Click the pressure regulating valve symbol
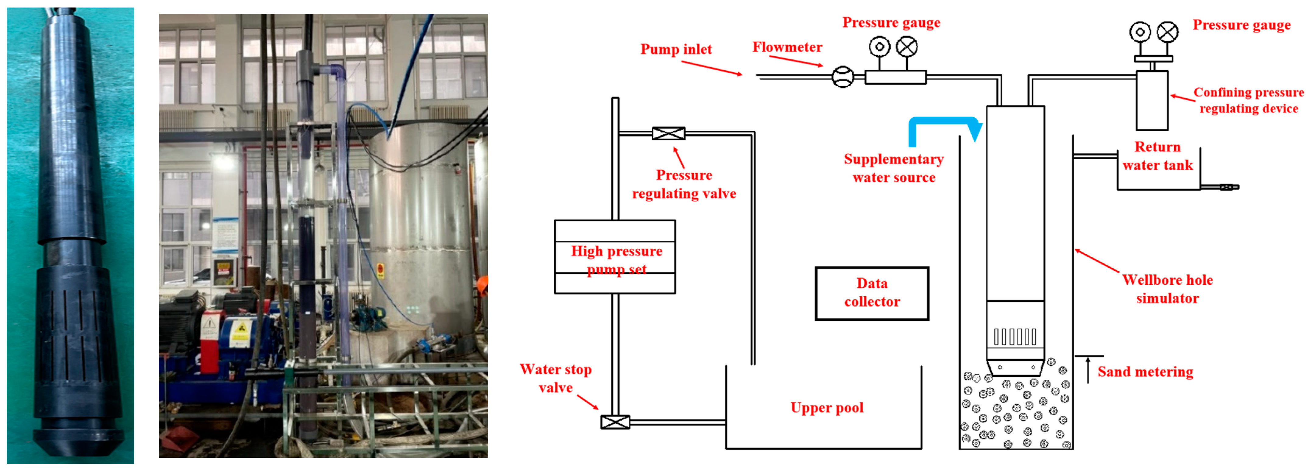click(668, 134)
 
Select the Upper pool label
click(827, 408)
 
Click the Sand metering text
click(1145, 372)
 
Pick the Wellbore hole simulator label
click(1167, 289)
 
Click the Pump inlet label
click(676, 49)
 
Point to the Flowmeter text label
click(787, 47)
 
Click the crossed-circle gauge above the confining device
click(1167, 32)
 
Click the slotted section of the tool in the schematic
click(1015, 336)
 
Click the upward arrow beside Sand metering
click(1088, 370)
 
